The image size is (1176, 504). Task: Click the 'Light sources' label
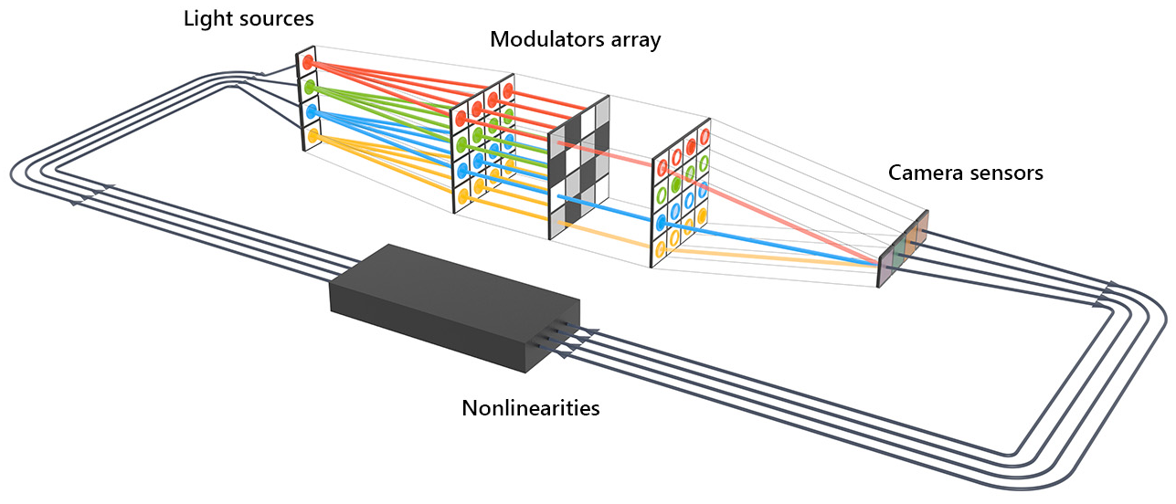tap(249, 19)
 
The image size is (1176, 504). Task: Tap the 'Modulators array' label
tap(575, 40)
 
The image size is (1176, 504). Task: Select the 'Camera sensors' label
tap(965, 173)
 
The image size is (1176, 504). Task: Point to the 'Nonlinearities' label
tap(530, 408)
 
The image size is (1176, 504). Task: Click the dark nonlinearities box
tap(455, 308)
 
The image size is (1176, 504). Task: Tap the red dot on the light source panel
tap(308, 62)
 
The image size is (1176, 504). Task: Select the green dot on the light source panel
tap(309, 87)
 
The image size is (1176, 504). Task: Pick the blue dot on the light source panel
tap(312, 111)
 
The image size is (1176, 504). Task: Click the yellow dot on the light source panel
tap(313, 136)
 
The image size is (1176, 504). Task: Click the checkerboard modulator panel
tap(579, 168)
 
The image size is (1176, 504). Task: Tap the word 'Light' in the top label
tap(207, 19)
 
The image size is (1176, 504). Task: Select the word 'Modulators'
tap(546, 39)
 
